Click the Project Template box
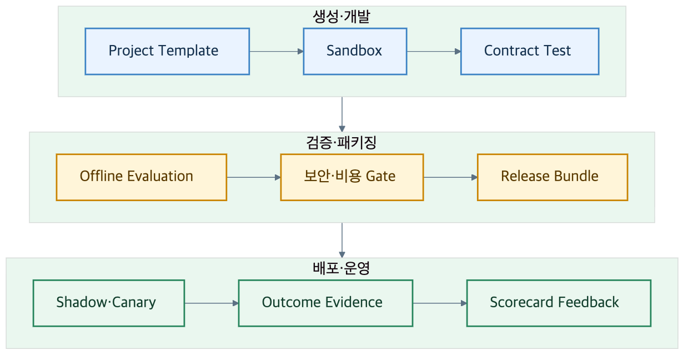click(167, 51)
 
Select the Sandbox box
click(355, 51)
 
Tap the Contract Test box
click(530, 51)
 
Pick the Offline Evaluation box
click(142, 177)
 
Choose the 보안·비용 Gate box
click(351, 177)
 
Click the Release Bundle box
click(553, 177)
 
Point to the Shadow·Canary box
click(109, 303)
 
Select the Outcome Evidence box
click(325, 303)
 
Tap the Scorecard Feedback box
click(559, 303)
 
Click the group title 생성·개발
click(342, 17)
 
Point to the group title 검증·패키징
click(342, 142)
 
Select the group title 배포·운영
click(342, 268)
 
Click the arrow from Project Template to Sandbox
click(277, 51)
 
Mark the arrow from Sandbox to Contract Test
click(434, 51)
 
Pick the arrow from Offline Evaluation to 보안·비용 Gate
click(254, 177)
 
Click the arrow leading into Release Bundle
click(450, 177)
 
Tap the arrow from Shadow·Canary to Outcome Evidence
click(212, 303)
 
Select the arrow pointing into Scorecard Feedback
click(440, 303)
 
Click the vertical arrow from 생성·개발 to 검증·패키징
click(342, 114)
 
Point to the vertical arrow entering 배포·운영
click(342, 241)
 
